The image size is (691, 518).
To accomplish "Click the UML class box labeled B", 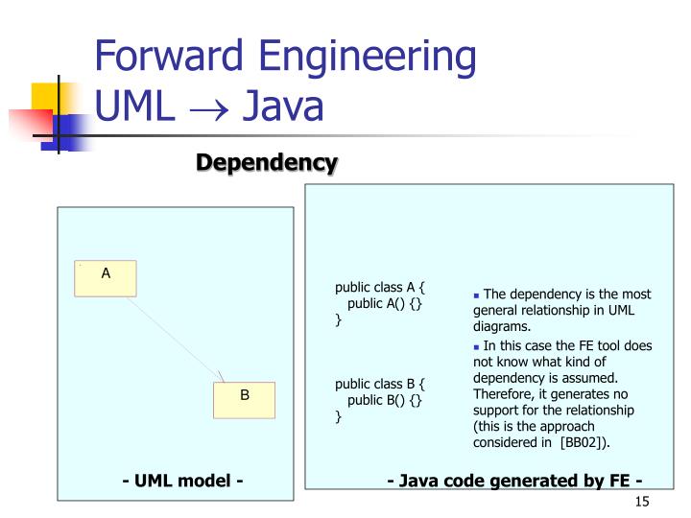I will (244, 399).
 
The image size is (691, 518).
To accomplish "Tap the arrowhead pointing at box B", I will (222, 377).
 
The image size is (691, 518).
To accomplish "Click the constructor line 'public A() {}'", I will (385, 303).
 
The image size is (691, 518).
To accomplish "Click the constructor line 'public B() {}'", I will (385, 400).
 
